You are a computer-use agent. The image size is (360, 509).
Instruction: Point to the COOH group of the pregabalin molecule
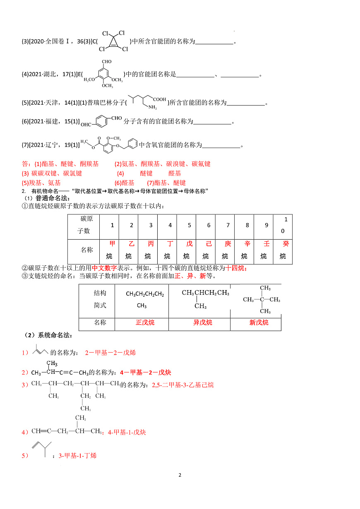(159, 99)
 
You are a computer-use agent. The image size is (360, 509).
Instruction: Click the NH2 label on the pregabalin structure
(153, 108)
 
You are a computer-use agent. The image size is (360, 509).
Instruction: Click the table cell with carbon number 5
(190, 225)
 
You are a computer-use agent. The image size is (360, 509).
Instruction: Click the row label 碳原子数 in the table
(84, 225)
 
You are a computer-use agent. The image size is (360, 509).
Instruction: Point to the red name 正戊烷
(145, 322)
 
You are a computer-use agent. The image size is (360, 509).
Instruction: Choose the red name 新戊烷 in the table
(259, 322)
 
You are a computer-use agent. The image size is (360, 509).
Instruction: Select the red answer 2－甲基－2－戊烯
(110, 353)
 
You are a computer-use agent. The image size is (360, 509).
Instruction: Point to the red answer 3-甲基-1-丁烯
(77, 455)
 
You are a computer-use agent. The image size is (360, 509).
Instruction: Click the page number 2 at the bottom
(180, 475)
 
